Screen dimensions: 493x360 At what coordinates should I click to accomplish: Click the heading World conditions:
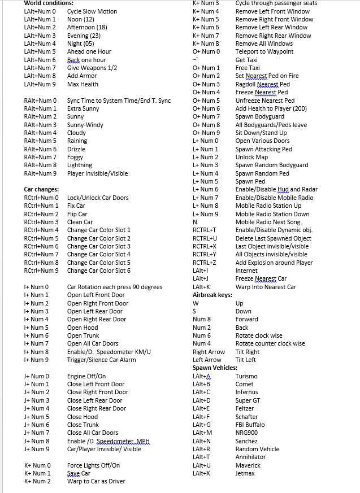click(x=49, y=3)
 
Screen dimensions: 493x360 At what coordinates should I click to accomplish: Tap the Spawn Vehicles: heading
click(x=215, y=368)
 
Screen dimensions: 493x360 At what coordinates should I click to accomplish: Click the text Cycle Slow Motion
click(x=92, y=11)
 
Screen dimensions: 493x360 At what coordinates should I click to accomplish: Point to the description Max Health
click(x=83, y=84)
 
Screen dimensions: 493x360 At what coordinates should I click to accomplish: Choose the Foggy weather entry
click(x=75, y=157)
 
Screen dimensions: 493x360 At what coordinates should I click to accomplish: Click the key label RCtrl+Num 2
click(x=41, y=214)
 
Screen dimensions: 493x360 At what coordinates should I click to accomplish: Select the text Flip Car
click(x=77, y=214)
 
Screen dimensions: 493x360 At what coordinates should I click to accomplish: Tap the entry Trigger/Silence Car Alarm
click(x=102, y=360)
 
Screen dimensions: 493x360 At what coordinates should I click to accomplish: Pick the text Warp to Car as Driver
click(x=96, y=481)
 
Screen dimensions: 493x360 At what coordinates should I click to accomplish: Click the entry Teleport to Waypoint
click(x=264, y=51)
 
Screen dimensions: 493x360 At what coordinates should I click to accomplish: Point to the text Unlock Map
click(x=251, y=157)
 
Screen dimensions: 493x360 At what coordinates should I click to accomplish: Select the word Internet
click(x=246, y=271)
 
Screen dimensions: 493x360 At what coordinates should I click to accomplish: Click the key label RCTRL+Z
click(x=205, y=263)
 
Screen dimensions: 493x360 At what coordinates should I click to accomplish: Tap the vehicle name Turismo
click(x=246, y=376)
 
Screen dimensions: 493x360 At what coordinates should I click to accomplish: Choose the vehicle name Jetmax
click(x=245, y=473)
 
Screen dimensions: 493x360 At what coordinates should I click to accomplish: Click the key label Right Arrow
click(x=209, y=352)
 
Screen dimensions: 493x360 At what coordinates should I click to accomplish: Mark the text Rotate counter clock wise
click(x=270, y=343)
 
